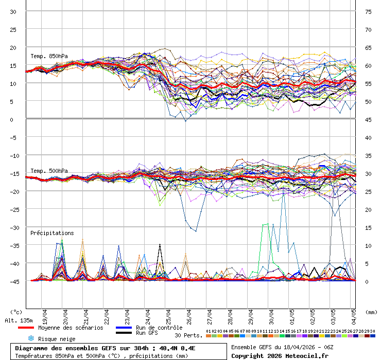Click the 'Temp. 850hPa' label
pos(49,56)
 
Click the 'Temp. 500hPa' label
pos(49,171)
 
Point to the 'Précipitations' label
pos(52,233)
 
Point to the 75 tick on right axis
pos(368,12)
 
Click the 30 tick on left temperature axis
pos(14,12)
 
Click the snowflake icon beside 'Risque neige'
pos(31,338)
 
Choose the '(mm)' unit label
pos(371,312)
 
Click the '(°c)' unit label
pos(16,312)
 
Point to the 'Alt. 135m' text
pos(16,320)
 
